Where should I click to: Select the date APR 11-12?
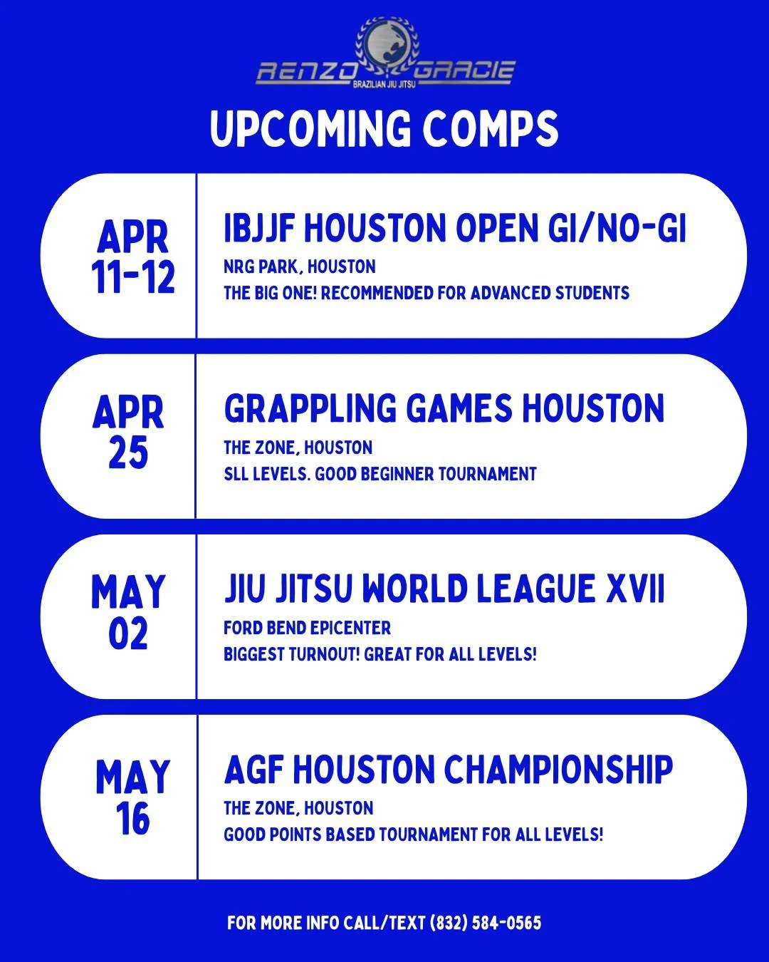tap(133, 257)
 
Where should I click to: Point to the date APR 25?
tap(128, 433)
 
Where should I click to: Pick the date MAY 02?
tap(128, 613)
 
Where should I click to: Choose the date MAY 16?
tap(132, 797)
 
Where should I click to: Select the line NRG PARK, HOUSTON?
tap(300, 267)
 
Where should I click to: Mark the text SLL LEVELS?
tap(266, 474)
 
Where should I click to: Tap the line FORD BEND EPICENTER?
tap(307, 628)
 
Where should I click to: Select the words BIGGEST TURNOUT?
tap(291, 654)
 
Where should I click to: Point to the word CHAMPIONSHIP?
tap(559, 770)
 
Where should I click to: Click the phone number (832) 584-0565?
tap(486, 924)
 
